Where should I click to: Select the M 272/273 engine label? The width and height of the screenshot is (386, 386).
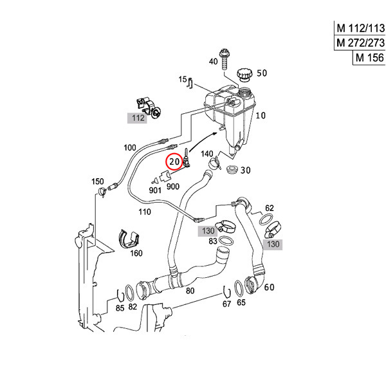click(x=360, y=43)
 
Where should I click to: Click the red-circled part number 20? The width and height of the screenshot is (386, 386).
click(x=174, y=161)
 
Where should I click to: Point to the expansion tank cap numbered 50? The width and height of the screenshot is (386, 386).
click(x=244, y=75)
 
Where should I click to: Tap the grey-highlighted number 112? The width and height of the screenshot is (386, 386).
click(x=138, y=118)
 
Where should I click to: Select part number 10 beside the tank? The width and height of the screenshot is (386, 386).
click(x=261, y=116)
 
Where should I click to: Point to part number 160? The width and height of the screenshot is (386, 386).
click(x=136, y=253)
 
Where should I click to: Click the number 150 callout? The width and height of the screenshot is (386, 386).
click(x=97, y=181)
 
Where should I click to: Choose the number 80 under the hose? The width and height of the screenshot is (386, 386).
click(x=190, y=290)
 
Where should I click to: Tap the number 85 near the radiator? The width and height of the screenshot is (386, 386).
click(x=120, y=307)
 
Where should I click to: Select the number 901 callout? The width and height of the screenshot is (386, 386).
click(x=154, y=190)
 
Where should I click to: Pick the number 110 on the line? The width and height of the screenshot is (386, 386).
click(x=143, y=211)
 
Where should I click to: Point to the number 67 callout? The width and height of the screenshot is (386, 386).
click(x=226, y=303)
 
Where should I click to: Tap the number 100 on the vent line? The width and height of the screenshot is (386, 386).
click(x=129, y=147)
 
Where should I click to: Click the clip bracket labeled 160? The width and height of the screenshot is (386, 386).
click(x=128, y=239)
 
